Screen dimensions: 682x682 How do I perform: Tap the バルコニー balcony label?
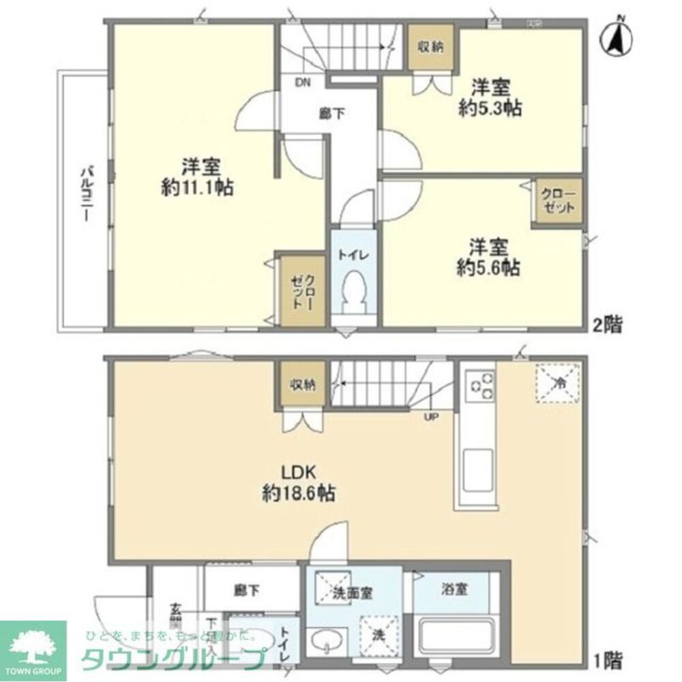(x=87, y=194)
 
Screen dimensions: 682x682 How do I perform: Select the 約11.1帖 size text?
(x=198, y=188)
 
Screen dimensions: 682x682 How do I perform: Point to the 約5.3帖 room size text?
(x=490, y=108)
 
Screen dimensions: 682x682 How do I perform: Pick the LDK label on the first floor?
(x=298, y=471)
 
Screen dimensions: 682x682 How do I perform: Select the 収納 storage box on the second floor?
(x=430, y=47)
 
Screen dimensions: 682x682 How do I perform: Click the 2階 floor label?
(x=607, y=325)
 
